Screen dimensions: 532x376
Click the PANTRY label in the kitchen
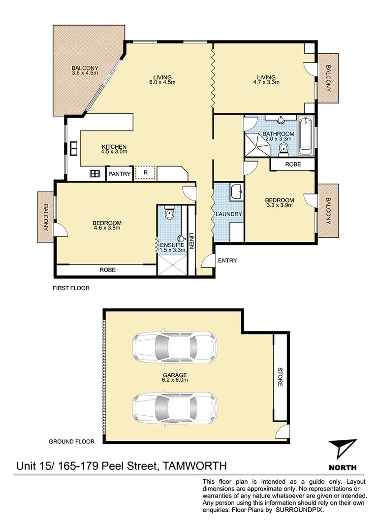click(x=120, y=174)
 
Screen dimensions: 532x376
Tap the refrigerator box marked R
click(x=145, y=173)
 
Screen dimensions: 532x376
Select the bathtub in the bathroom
click(x=306, y=134)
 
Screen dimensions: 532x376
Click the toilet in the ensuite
click(x=169, y=214)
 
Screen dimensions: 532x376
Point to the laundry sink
click(x=237, y=192)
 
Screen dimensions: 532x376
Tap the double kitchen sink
click(x=73, y=148)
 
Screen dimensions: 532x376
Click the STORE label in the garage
click(x=280, y=376)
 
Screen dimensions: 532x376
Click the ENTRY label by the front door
click(x=227, y=261)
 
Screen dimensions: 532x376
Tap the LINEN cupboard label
click(x=192, y=241)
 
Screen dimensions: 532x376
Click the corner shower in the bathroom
click(x=257, y=144)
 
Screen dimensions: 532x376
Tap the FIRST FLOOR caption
click(x=71, y=288)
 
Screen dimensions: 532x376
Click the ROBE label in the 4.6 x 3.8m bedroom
click(x=107, y=270)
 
